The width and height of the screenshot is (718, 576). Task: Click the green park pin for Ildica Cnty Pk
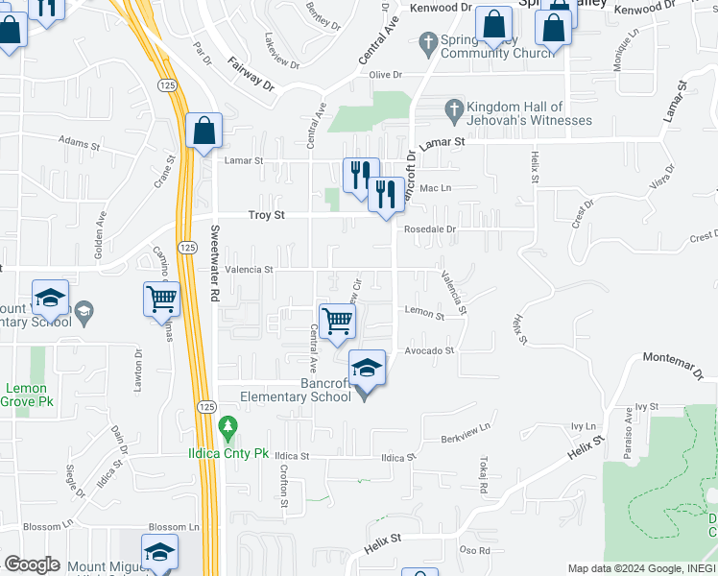pos(227,425)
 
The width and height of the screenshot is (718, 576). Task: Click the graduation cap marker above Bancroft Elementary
pos(366,368)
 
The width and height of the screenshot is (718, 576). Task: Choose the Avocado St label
pos(429,351)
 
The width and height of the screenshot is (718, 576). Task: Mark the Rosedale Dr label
pos(429,230)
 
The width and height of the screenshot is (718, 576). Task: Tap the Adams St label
pos(79,140)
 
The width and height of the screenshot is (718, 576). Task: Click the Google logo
pos(32,564)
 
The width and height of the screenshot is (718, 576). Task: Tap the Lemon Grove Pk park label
pos(27,396)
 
